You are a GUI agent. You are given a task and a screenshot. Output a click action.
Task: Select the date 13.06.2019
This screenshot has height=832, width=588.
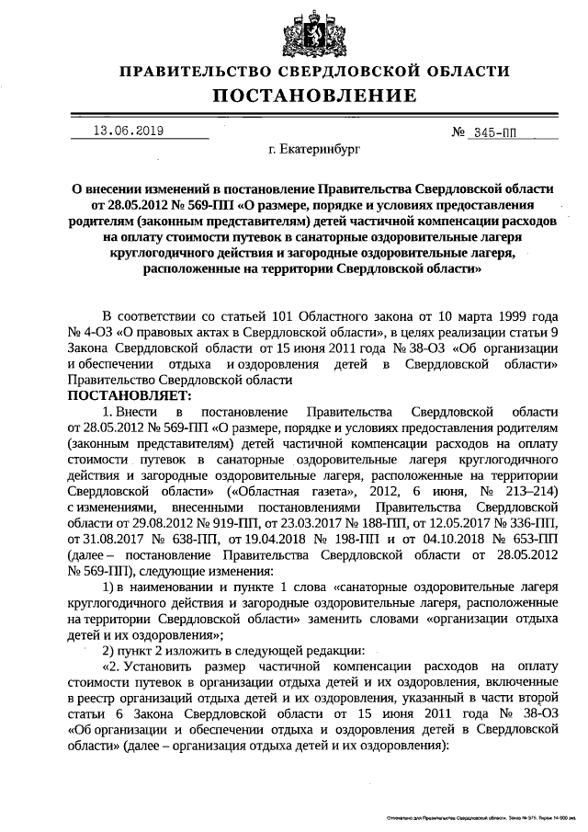129,131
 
